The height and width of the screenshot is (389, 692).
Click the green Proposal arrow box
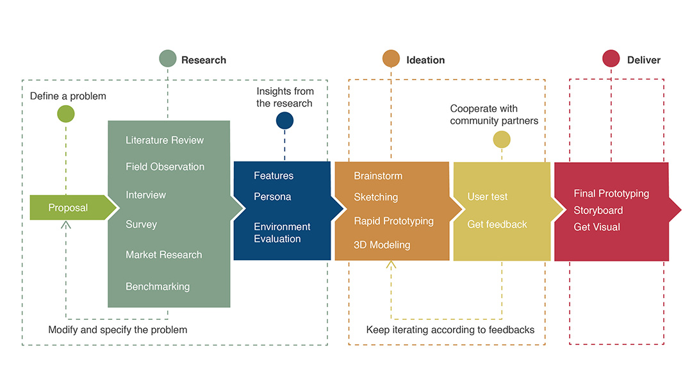pyautogui.click(x=69, y=208)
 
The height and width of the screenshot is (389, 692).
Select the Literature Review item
pyautogui.click(x=165, y=140)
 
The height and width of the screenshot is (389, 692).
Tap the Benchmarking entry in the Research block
pyautogui.click(x=158, y=286)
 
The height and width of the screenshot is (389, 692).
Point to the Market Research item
pyautogui.click(x=164, y=254)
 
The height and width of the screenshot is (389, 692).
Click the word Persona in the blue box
pyautogui.click(x=272, y=197)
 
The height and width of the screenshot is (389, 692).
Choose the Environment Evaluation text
pyautogui.click(x=282, y=233)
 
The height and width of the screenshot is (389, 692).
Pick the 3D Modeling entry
pyautogui.click(x=382, y=245)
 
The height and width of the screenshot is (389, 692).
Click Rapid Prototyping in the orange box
pyautogui.click(x=393, y=221)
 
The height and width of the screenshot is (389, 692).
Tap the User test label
pyautogui.click(x=488, y=197)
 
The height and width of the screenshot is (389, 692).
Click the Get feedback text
pyautogui.click(x=497, y=224)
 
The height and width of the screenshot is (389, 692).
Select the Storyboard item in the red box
pyautogui.click(x=598, y=210)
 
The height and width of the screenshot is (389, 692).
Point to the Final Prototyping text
pyautogui.click(x=611, y=194)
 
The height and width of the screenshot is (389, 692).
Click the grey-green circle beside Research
pyautogui.click(x=168, y=59)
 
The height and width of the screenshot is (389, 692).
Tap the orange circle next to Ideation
pyautogui.click(x=391, y=59)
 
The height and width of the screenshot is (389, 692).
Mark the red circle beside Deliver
pyautogui.click(x=611, y=59)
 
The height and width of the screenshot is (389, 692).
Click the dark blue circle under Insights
pyautogui.click(x=284, y=120)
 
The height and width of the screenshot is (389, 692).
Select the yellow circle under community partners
pyautogui.click(x=502, y=139)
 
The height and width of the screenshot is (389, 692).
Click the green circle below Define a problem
pyautogui.click(x=66, y=114)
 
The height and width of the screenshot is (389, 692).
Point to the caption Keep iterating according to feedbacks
pyautogui.click(x=450, y=330)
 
